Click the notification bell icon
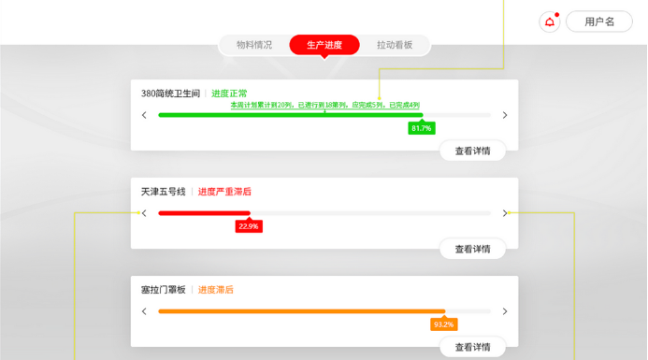(x=550, y=22)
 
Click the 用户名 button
(x=599, y=22)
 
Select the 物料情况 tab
(x=254, y=45)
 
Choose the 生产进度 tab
(x=324, y=45)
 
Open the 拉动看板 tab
(x=395, y=45)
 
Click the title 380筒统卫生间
(x=170, y=94)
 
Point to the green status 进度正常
(x=229, y=94)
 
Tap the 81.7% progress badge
(x=422, y=128)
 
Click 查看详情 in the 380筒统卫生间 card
(x=472, y=151)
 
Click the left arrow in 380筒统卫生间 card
(x=144, y=115)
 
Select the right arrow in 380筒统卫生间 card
(x=505, y=115)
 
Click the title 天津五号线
(x=164, y=192)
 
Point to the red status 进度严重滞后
(x=224, y=192)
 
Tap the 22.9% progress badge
(x=249, y=226)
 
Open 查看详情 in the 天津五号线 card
(x=472, y=249)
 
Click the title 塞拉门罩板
(x=164, y=290)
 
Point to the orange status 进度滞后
(x=216, y=290)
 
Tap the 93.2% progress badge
(x=443, y=324)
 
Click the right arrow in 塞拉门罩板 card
(x=505, y=311)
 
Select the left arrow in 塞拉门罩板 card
(x=144, y=311)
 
